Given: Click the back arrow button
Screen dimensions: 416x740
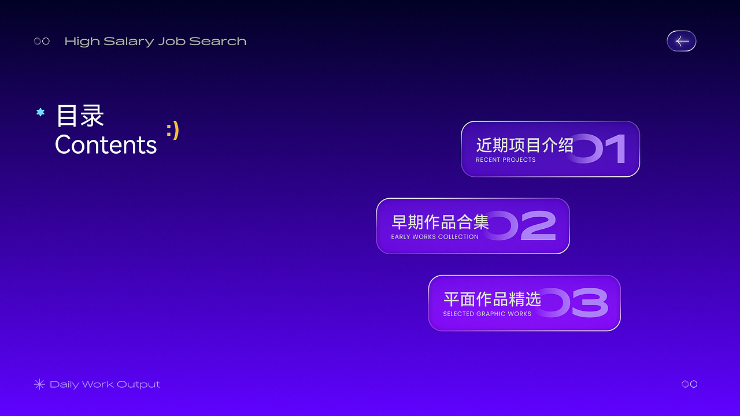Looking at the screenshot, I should click(682, 41).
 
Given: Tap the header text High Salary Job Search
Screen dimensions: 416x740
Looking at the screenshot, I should click(156, 42).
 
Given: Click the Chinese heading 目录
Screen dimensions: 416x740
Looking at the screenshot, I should click(80, 116).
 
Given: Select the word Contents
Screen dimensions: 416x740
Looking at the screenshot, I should click(106, 144).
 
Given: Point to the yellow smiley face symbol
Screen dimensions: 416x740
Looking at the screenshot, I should click(172, 130).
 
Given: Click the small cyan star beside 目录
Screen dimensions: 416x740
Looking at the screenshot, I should click(40, 112).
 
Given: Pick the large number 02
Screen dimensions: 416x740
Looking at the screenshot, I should click(526, 225).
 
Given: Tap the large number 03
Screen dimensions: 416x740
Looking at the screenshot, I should click(578, 303).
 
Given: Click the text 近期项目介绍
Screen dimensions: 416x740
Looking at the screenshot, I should click(524, 145).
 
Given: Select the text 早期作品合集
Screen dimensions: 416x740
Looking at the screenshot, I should click(440, 222).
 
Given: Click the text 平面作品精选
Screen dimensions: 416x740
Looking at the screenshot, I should click(492, 299).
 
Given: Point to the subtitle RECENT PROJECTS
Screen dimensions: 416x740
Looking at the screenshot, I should click(506, 159).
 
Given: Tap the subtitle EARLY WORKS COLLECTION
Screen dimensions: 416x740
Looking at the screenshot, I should click(435, 237).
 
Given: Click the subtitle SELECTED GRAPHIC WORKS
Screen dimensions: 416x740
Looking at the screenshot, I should click(487, 314).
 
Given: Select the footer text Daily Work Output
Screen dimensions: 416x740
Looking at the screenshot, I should click(105, 384).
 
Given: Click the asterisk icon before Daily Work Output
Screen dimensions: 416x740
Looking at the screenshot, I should click(39, 384).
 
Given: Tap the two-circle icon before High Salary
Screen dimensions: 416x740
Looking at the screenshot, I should click(42, 41).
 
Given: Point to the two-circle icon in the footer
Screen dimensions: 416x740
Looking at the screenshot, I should click(690, 384).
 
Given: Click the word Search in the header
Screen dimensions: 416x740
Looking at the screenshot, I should click(218, 42).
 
